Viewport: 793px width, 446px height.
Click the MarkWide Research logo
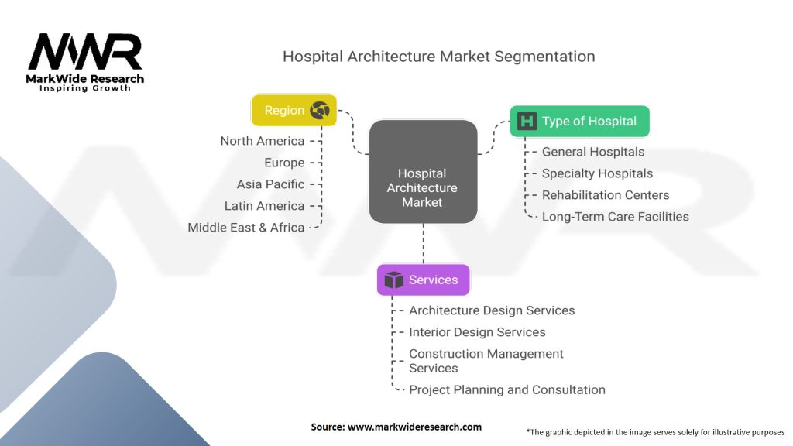[x=85, y=62]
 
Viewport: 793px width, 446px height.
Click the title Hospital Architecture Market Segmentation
[x=438, y=57]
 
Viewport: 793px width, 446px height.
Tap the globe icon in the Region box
[x=319, y=111]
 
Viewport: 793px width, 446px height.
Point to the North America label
[x=262, y=141]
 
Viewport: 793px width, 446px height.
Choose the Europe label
[x=283, y=163]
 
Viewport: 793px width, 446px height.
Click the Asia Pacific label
[x=270, y=184]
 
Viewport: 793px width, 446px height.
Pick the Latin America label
[x=264, y=206]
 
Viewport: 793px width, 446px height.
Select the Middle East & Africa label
[x=245, y=228]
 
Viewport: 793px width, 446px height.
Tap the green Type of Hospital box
[x=579, y=122]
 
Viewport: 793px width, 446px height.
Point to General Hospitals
[x=592, y=152]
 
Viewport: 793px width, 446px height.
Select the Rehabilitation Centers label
[x=605, y=195]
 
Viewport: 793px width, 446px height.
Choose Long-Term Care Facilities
[x=615, y=217]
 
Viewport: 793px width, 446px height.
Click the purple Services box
[x=423, y=280]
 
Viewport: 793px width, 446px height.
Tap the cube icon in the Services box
[x=394, y=280]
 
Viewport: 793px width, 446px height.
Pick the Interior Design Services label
[x=477, y=332]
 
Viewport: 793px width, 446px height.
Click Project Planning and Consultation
[x=506, y=389]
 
